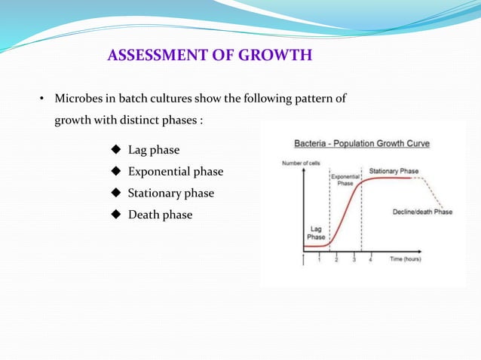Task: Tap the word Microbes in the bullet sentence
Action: click(79, 99)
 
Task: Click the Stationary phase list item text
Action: click(170, 193)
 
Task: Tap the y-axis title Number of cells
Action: click(301, 163)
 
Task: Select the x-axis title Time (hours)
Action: click(405, 259)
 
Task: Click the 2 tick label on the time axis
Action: click(336, 260)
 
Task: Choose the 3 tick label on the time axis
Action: click(354, 260)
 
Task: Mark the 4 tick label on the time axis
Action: click(370, 260)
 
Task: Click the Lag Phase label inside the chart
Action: click(316, 232)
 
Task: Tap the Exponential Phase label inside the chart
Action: click(345, 179)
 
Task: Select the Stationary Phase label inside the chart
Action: click(394, 171)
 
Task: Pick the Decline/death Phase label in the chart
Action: click(422, 212)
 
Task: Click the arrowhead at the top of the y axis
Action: click(304, 171)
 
